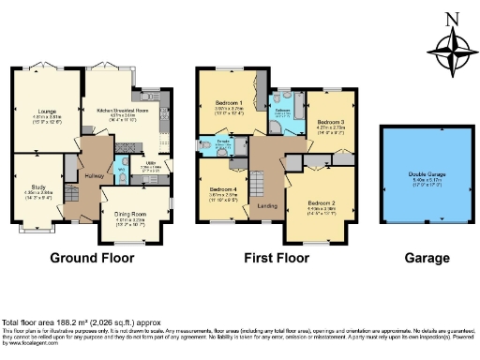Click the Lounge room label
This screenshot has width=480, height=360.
40,111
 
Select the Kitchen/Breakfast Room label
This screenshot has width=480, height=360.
124,110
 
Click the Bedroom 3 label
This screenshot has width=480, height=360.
331,123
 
